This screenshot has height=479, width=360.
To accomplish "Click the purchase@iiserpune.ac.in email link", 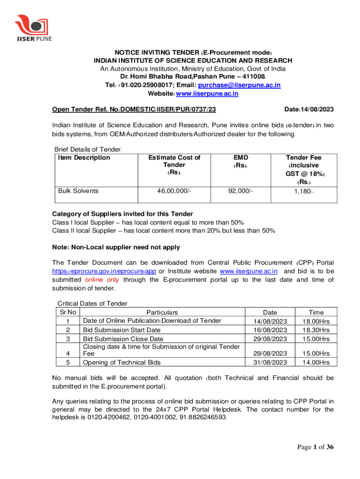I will pos(239,85).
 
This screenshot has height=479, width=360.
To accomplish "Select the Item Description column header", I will pos(84,158).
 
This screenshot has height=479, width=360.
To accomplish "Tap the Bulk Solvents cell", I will pos(78,191).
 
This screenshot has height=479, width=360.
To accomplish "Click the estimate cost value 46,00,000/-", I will pos(174,191).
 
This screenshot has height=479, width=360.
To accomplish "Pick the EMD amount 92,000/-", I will pos(241,191).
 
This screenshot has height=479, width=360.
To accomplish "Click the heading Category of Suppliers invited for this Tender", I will pos(122,214).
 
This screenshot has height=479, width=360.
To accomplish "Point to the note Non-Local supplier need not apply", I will pos(116,247).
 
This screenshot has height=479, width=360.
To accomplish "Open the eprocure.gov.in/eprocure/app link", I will pos(104,271).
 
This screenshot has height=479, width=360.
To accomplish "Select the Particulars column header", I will pos(162,312).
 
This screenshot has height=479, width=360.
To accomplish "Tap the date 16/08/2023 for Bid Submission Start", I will pos(270,330).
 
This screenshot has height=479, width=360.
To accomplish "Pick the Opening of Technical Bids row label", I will pos(122,363).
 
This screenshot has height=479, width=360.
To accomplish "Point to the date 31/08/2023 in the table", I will pos(270,363).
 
